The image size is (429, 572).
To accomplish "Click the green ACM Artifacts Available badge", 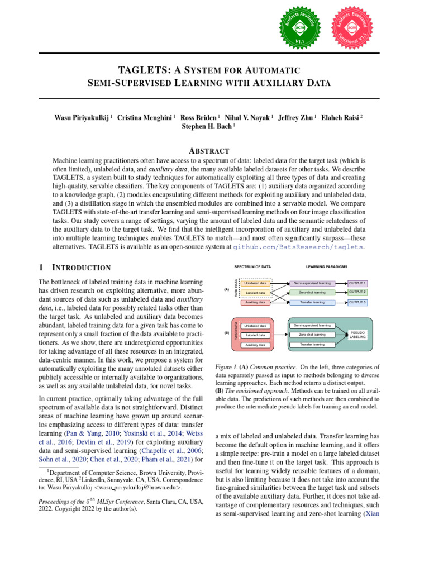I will click(300, 26).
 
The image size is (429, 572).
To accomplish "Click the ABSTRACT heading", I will click(209, 151).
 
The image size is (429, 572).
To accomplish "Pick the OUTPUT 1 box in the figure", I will click(357, 283).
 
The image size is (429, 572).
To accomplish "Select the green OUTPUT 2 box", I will click(357, 292).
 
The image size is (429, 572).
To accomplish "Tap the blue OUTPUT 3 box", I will click(357, 302).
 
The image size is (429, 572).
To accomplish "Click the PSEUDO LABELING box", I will click(357, 334).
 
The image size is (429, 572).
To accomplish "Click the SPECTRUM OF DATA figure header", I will click(252, 267).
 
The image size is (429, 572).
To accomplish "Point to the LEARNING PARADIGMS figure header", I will click(327, 267).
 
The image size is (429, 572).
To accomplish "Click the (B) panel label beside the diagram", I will click(227, 333).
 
